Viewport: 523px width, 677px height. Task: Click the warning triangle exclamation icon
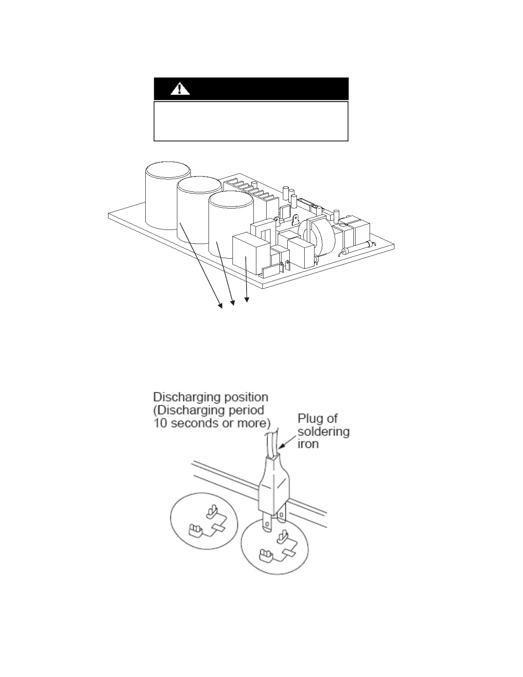tap(180, 88)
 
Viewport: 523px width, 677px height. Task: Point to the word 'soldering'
tap(323, 431)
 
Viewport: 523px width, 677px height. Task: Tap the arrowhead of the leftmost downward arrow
tap(220, 305)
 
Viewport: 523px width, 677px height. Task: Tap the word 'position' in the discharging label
tap(243, 397)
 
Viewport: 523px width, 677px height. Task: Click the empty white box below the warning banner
tap(251, 121)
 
